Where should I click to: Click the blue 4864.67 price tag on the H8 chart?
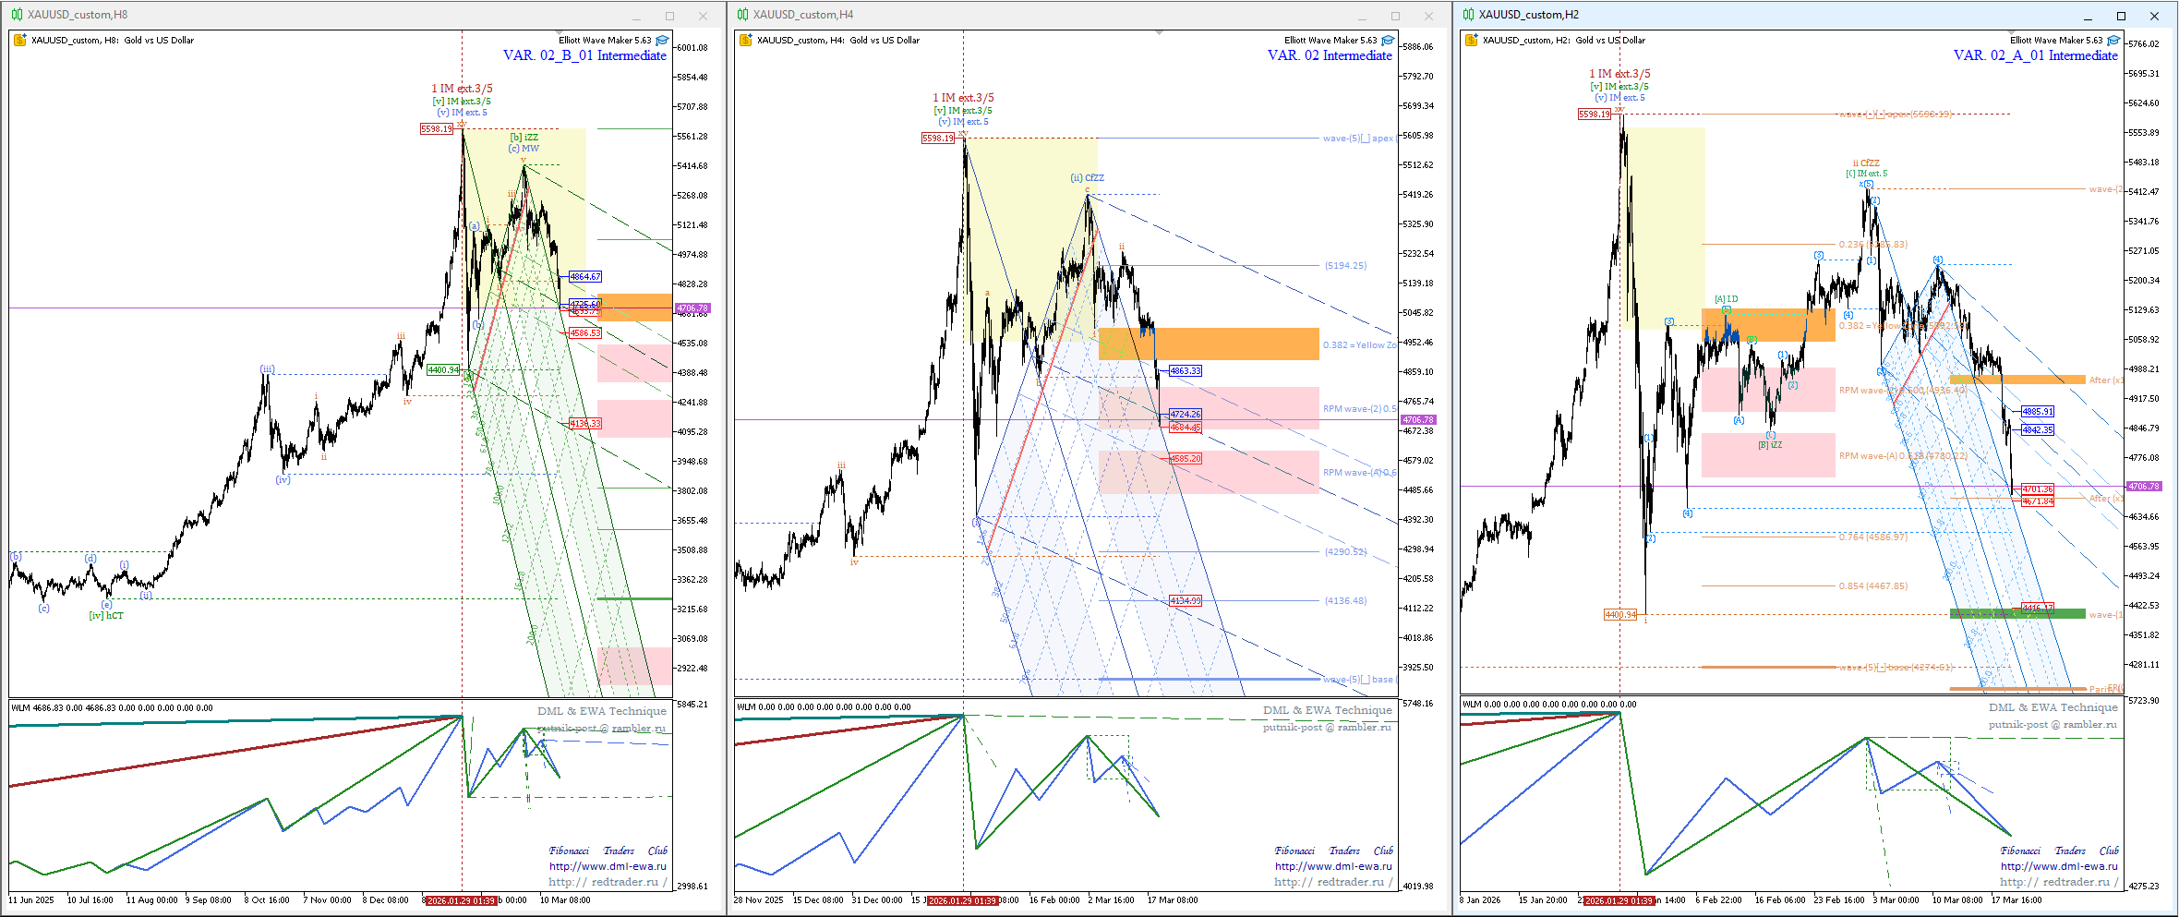click(585, 276)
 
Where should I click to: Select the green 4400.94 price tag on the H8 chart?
click(443, 369)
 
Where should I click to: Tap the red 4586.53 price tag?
click(585, 332)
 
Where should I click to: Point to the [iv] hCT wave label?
click(106, 615)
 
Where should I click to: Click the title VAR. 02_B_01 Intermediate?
click(584, 55)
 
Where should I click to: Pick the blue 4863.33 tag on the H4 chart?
click(1185, 370)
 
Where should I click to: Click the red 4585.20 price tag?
click(1185, 458)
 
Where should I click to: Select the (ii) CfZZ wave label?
click(1087, 177)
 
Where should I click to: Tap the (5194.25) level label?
click(1345, 265)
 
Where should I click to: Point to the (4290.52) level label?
click(1345, 551)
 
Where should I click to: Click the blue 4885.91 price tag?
click(2038, 411)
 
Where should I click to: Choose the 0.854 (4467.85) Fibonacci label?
click(1872, 585)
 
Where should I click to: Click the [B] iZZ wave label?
click(1770, 445)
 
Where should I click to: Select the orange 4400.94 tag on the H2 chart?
click(1620, 614)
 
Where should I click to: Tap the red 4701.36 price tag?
click(2038, 489)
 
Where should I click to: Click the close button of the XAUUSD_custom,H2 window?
click(2155, 16)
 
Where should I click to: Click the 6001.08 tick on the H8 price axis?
click(692, 47)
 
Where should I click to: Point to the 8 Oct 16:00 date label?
click(267, 899)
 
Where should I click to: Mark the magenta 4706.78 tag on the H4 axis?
click(1418, 419)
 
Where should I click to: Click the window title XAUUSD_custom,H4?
click(802, 15)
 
